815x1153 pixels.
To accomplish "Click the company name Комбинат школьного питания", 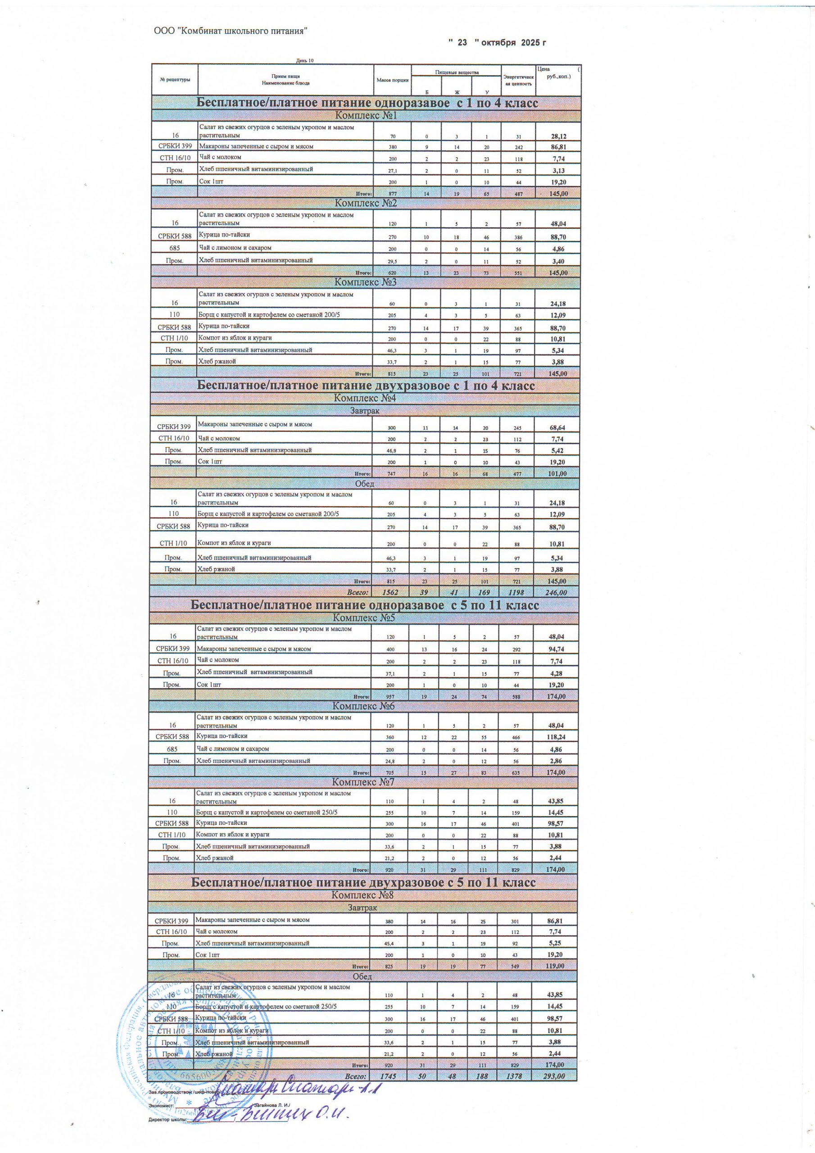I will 231,31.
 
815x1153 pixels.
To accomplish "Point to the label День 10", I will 304,61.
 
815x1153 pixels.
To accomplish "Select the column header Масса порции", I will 392,80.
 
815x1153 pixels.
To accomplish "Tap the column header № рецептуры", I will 175,80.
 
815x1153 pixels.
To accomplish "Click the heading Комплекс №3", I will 365,282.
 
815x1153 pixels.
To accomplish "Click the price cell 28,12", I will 557,136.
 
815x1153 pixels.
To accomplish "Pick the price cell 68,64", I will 557,427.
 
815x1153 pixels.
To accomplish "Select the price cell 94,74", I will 555,649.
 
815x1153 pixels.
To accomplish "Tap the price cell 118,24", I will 555,737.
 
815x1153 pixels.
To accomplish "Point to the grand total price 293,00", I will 553,1076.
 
